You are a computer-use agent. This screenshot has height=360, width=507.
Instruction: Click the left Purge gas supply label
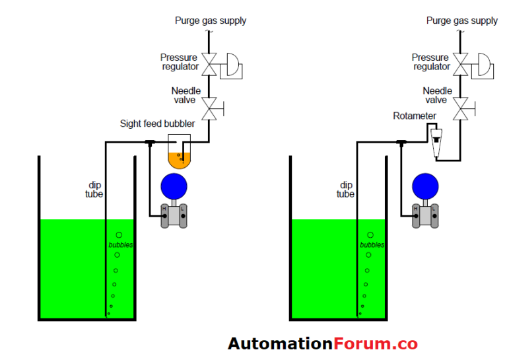point(211,20)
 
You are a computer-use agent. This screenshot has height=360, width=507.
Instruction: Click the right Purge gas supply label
point(461,20)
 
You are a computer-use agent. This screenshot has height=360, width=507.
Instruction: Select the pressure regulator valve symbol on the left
point(210,65)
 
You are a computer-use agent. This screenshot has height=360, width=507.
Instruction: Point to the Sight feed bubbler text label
point(157,124)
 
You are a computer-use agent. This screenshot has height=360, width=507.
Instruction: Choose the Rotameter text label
point(415,116)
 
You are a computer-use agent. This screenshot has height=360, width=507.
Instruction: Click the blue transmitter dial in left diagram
point(174,186)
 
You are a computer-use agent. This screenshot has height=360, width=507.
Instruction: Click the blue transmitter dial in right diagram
point(426,186)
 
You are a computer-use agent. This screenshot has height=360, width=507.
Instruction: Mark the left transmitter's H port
point(165,210)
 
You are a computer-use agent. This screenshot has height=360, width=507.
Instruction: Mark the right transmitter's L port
point(434,210)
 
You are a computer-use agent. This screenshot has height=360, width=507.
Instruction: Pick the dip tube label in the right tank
point(345,190)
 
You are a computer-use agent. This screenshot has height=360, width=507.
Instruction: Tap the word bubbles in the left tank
point(121,245)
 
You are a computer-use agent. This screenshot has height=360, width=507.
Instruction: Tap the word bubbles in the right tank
point(372,245)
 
